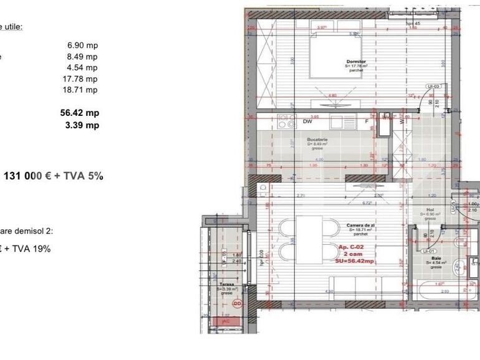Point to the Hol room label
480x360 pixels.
pyautogui.click(x=430, y=211)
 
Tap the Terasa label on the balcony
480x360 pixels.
pyautogui.click(x=226, y=284)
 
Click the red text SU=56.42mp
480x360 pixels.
pyautogui.click(x=356, y=262)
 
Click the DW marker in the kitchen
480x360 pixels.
pyautogui.click(x=307, y=122)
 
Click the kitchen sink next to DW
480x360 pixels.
pyautogui.click(x=341, y=121)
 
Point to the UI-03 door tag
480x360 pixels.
pyautogui.click(x=433, y=87)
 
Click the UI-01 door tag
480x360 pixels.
pyautogui.click(x=429, y=251)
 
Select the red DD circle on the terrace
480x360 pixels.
pyautogui.click(x=237, y=303)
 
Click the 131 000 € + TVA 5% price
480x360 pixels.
pyautogui.click(x=54, y=176)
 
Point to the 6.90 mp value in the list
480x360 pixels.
pyautogui.click(x=82, y=45)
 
